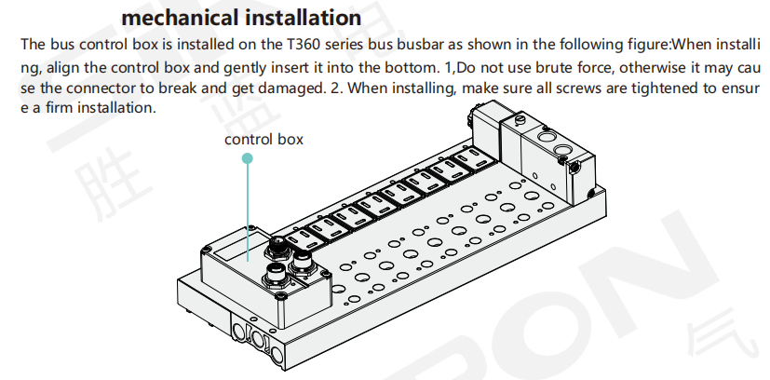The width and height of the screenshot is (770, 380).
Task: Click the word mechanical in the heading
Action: point(181,18)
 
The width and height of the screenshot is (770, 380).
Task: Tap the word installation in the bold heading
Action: point(304,18)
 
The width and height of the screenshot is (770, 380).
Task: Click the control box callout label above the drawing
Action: point(263,140)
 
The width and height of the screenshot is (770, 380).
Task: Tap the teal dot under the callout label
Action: point(248,158)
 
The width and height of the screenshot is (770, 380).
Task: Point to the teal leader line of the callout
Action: point(248,212)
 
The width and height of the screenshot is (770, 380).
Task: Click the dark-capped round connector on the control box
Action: point(275,248)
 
